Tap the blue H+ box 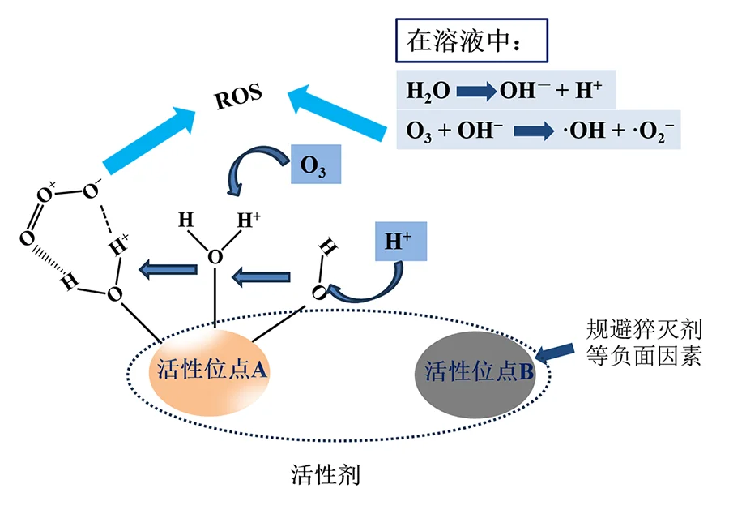(400, 242)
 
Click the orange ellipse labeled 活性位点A (210, 371)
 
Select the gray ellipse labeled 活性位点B (479, 371)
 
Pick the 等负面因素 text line (644, 356)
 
